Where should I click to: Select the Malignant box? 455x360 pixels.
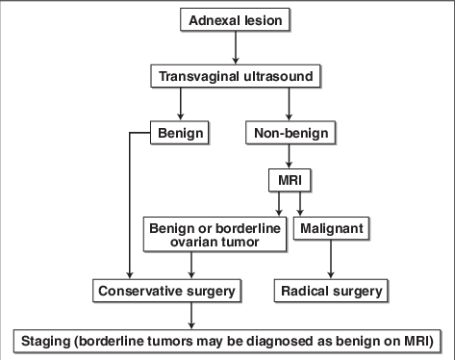(330, 229)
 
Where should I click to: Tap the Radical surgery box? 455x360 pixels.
(330, 288)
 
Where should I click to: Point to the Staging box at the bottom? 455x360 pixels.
(228, 341)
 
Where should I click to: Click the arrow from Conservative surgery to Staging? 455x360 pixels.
(191, 314)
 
